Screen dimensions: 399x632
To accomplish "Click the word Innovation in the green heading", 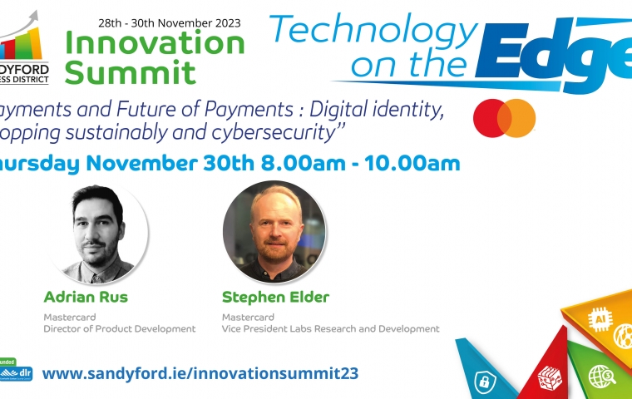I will click(156, 42).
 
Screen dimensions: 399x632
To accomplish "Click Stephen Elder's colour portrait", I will click(274, 231).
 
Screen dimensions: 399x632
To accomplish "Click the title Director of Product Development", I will click(119, 329).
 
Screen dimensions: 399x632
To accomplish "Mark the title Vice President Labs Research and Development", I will click(330, 329).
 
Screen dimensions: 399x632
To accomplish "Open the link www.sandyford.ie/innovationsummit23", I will click(200, 373).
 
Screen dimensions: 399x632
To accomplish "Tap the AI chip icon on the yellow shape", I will click(600, 318).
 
